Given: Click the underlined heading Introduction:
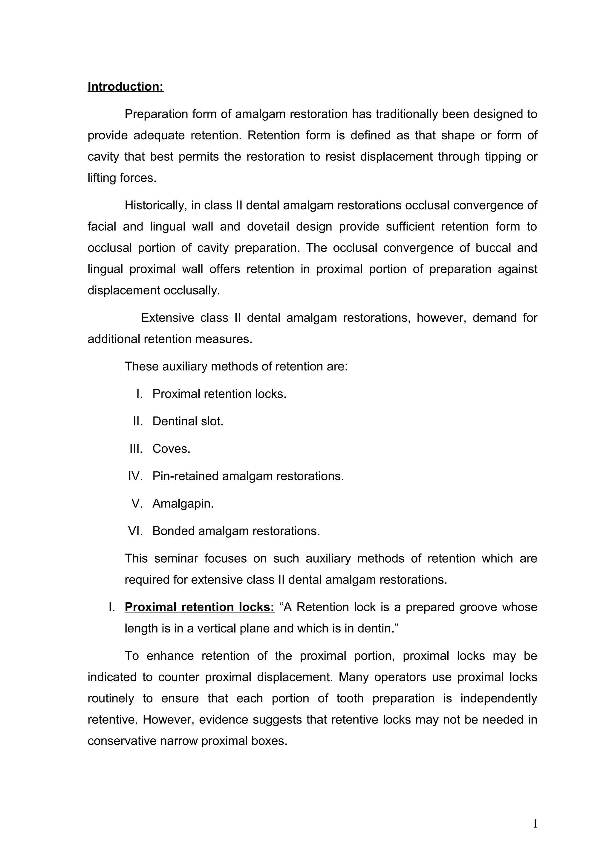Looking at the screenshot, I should tap(125, 87).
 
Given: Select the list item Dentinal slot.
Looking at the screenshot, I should tap(187, 421).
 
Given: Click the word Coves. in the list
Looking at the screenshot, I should tap(171, 449).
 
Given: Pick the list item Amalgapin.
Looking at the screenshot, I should tap(183, 504).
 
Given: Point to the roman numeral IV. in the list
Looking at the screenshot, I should tap(135, 476).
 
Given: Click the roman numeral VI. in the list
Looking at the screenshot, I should tap(135, 531).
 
